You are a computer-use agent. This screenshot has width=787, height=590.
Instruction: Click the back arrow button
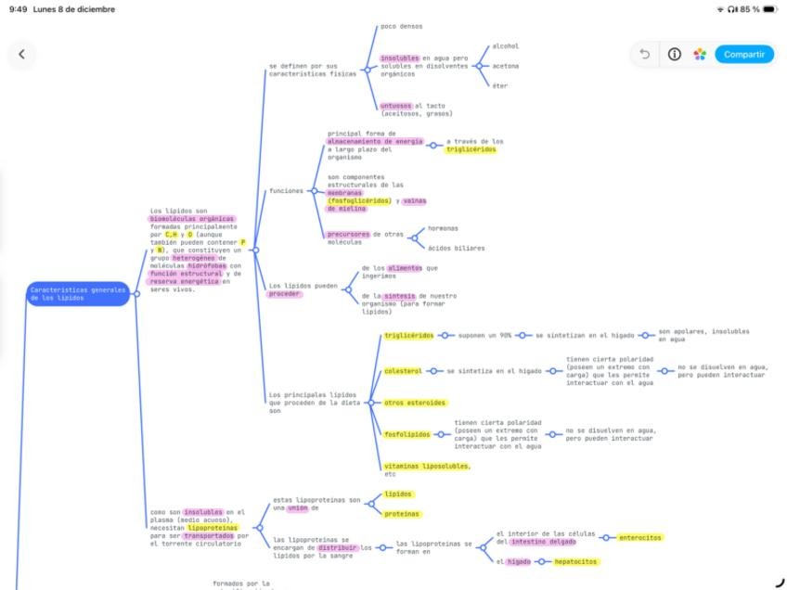22,54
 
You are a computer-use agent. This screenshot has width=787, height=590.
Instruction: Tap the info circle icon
674,54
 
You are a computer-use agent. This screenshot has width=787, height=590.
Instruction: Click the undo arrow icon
645,54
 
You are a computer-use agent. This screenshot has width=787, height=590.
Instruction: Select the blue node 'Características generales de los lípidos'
78,294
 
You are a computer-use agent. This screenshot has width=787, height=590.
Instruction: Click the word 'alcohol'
505,45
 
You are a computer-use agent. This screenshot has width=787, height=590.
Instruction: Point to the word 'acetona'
505,66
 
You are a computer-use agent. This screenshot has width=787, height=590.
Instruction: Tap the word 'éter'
499,85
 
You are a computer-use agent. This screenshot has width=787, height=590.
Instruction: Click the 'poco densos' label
401,26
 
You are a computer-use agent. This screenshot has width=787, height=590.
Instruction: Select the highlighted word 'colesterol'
403,371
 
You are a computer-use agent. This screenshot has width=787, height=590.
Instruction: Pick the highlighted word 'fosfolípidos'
407,434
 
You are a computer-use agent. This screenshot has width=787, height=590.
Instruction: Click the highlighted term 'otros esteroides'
415,403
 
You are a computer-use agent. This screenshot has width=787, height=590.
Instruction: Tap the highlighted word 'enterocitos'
640,537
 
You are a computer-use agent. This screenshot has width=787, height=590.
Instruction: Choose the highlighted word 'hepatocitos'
576,561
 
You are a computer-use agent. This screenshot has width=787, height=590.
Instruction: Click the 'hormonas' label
442,228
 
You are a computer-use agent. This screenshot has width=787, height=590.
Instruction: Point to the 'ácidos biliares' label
456,248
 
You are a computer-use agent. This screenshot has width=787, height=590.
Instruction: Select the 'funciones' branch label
286,191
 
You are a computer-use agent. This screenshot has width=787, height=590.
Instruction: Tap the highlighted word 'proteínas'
402,513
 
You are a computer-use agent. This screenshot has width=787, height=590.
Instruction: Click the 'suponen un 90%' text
484,335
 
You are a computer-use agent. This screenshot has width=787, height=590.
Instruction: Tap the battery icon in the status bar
769,9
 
